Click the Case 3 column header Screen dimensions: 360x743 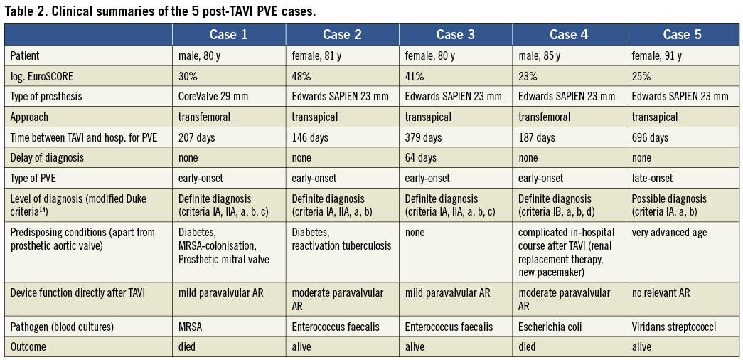(x=456, y=35)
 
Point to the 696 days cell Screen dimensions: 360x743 (x=650, y=137)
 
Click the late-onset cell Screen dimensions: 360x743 (x=653, y=178)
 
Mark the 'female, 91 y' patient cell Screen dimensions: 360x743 (x=657, y=55)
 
